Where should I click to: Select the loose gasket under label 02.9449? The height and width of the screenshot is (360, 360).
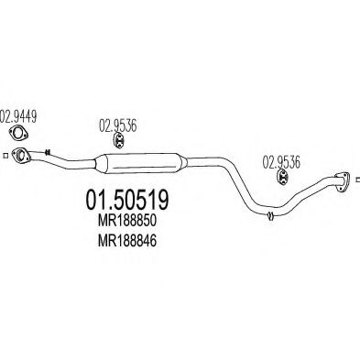point(20,139)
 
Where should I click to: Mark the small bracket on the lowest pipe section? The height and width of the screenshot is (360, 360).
point(270,216)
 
